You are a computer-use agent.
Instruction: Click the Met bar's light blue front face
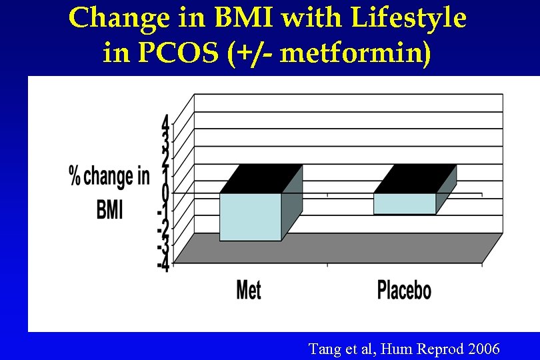click(x=251, y=217)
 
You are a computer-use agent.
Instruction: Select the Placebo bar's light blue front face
click(x=405, y=203)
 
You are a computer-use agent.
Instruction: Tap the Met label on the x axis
click(x=249, y=290)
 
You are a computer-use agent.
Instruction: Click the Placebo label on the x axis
click(x=404, y=291)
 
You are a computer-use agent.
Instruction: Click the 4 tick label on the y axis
click(x=164, y=124)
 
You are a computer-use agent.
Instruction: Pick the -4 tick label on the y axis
click(x=162, y=263)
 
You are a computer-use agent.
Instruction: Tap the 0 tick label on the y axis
click(x=164, y=193)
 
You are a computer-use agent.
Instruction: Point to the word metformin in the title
click(x=352, y=52)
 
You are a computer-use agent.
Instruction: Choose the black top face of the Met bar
click(x=261, y=179)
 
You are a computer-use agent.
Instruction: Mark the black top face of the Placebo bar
click(x=415, y=179)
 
